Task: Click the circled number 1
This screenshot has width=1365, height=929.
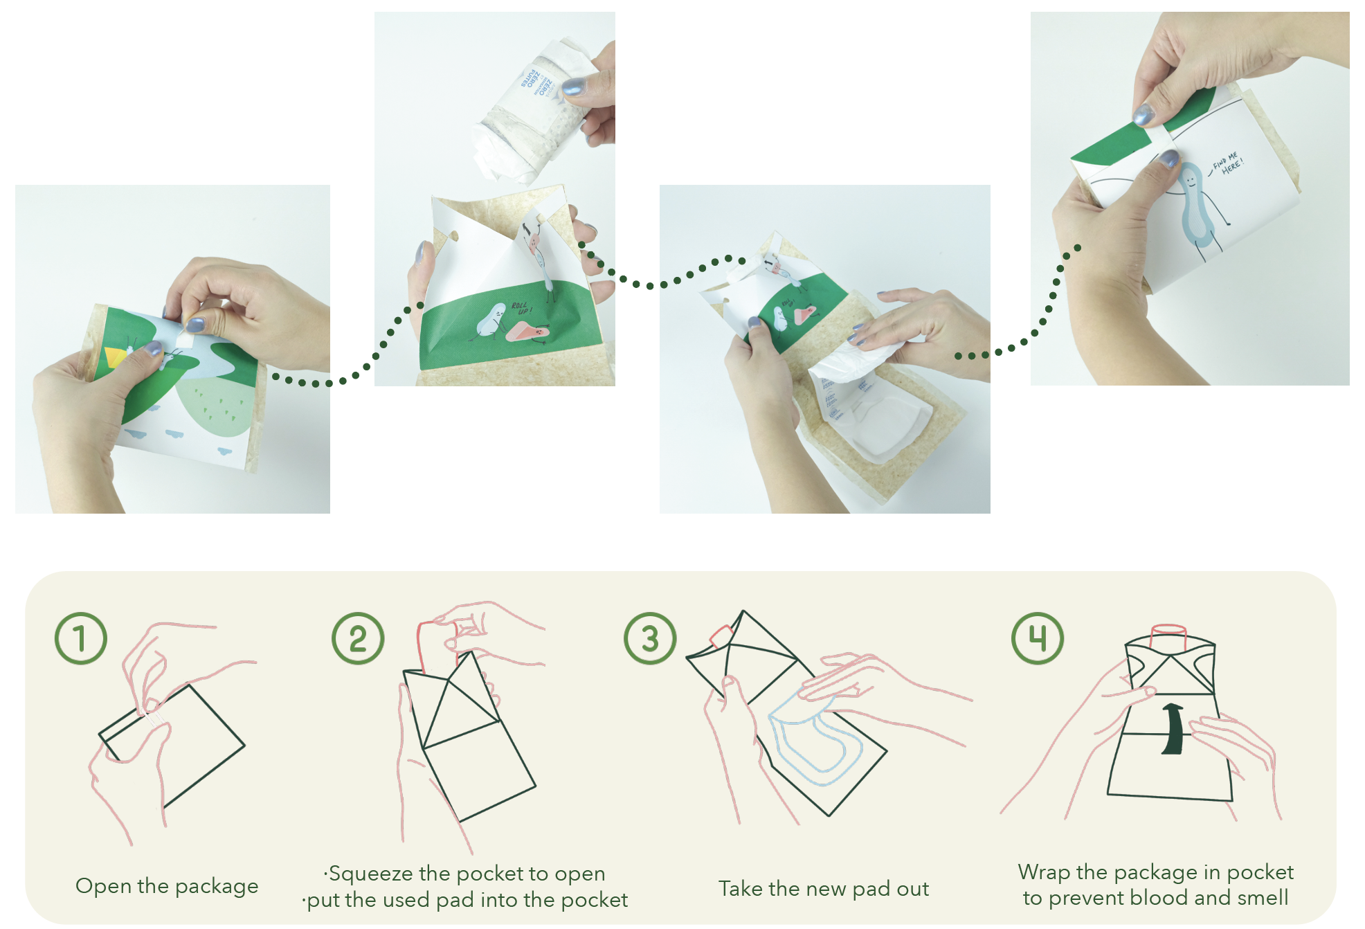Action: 81,638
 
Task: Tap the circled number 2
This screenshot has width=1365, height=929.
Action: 358,638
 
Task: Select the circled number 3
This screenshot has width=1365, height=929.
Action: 650,638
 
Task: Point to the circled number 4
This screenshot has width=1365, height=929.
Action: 1038,638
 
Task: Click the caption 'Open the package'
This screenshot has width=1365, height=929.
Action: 167,886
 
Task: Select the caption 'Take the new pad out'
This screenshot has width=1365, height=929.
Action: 824,889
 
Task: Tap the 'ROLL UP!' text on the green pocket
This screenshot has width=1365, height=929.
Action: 521,307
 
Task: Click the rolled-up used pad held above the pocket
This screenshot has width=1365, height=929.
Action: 530,111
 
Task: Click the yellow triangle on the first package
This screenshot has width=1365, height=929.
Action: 113,357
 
